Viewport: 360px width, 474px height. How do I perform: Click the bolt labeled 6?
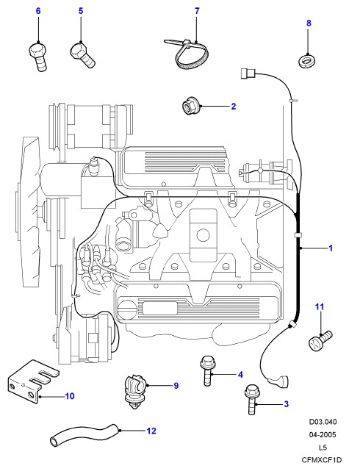38,57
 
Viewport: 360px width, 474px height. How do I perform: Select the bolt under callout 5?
82,55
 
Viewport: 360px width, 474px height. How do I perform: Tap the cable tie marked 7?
187,54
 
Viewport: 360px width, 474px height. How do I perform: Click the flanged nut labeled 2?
190,106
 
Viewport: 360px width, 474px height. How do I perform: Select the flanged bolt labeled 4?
206,371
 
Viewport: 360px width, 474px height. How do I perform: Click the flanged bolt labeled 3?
251,399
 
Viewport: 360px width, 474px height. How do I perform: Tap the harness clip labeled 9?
134,391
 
